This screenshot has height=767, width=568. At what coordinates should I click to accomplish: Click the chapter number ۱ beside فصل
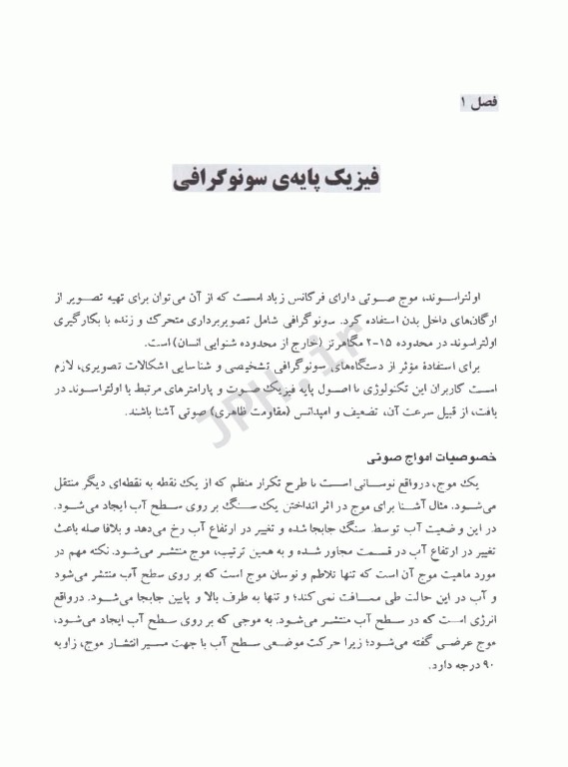(463, 102)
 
